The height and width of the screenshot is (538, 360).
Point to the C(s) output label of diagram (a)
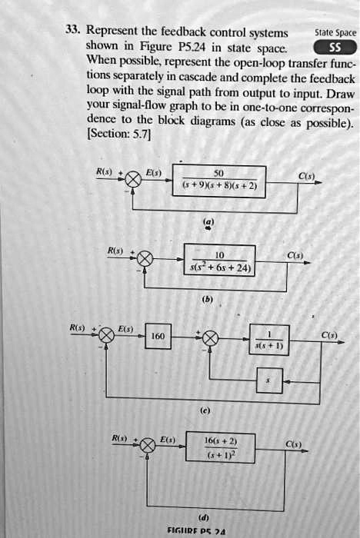[306, 175]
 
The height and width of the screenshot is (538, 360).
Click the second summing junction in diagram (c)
[209, 337]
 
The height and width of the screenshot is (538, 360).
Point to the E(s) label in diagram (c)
[124, 327]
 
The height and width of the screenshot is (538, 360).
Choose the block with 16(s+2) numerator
[221, 448]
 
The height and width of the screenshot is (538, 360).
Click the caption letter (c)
[205, 410]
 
